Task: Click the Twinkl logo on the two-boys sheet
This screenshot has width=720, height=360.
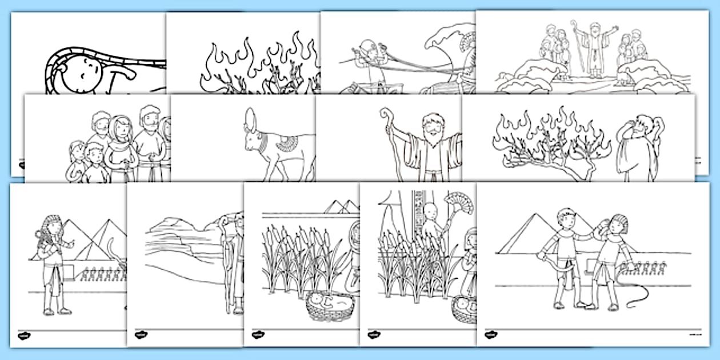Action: point(490,335)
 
